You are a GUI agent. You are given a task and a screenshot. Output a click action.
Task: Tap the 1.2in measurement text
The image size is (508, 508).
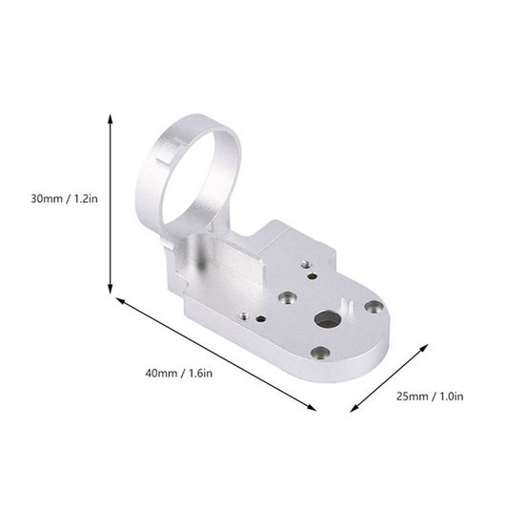[85, 198]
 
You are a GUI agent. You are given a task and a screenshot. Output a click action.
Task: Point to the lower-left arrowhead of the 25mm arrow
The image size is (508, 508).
[354, 410]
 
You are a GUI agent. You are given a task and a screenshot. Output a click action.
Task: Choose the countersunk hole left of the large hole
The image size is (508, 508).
[284, 297]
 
